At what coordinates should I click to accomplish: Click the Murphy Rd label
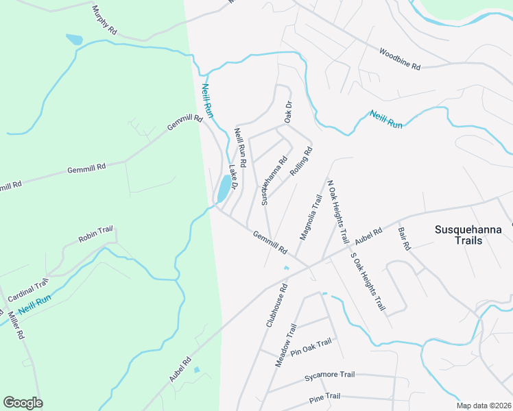[104, 21]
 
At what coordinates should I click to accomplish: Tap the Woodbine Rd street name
[399, 58]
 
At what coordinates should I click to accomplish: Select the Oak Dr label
[289, 112]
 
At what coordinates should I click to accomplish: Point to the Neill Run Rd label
[240, 146]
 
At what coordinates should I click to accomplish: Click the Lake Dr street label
[233, 177]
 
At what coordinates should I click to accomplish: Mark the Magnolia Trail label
[309, 218]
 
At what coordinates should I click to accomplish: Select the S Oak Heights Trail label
[367, 282]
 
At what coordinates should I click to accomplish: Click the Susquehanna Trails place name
[468, 235]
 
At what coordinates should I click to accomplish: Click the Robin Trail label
[95, 237]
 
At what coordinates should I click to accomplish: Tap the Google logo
[23, 403]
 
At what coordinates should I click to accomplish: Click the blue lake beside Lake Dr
[224, 188]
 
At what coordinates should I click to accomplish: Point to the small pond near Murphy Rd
[74, 40]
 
